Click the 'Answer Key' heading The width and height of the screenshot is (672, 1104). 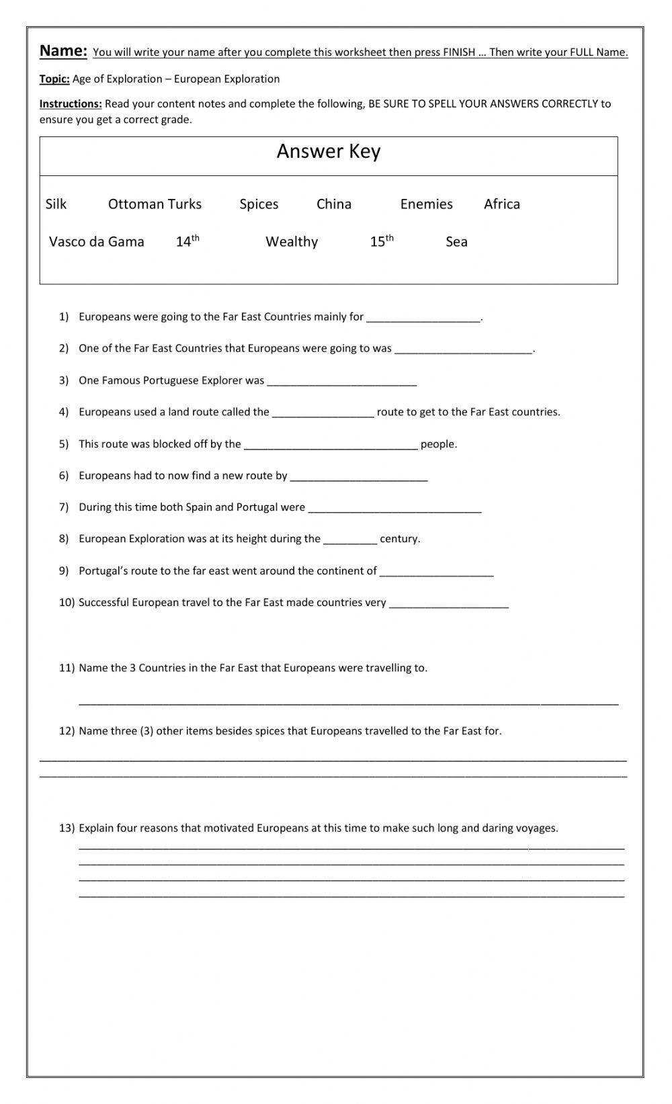[329, 152]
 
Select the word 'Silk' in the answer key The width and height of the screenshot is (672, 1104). [56, 204]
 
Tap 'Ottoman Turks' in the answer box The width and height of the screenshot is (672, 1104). [155, 204]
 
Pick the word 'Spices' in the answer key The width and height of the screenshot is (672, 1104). [259, 204]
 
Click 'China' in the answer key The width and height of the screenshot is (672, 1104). [334, 204]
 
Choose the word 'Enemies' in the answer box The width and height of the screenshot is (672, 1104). [426, 204]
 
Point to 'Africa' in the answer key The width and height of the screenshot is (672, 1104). [502, 204]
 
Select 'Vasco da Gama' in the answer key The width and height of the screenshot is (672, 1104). [97, 242]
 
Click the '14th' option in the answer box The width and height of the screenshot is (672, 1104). [187, 241]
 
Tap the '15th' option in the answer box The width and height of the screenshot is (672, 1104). [382, 241]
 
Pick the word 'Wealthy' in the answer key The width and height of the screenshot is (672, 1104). [292, 242]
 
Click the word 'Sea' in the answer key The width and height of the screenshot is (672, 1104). [456, 242]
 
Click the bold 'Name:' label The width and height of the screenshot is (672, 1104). [63, 51]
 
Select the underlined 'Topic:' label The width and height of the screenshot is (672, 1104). [54, 79]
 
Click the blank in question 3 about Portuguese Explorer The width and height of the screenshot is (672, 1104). [341, 382]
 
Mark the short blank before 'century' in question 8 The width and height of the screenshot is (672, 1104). [350, 540]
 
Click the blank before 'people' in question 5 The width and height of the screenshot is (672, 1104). [331, 445]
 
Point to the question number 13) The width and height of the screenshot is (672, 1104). [67, 829]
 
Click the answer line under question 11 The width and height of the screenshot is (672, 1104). [348, 702]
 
